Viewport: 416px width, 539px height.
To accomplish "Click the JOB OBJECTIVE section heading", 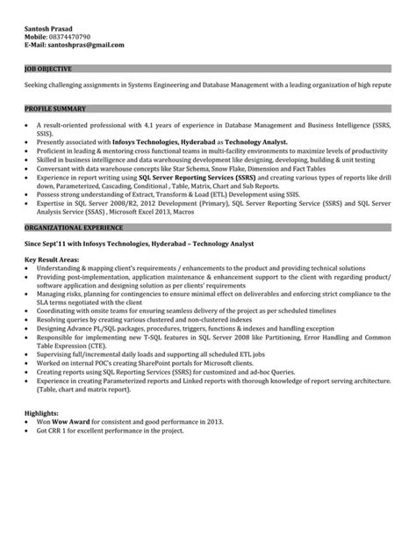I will pyautogui.click(x=48, y=68).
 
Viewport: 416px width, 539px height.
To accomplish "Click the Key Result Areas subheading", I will pyautogui.click(x=55, y=260).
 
